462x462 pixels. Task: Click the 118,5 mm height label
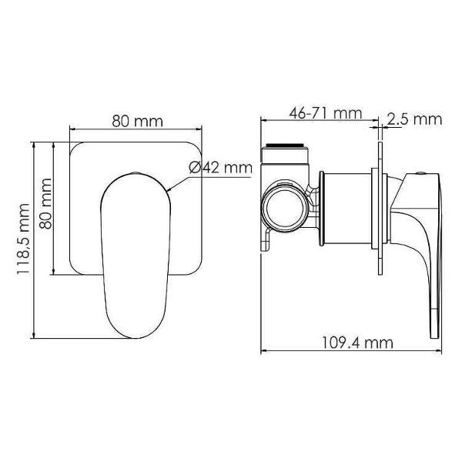click(24, 239)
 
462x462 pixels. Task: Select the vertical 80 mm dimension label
click(45, 207)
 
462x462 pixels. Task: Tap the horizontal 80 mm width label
click(137, 122)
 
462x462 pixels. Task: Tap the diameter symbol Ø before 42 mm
click(195, 168)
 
